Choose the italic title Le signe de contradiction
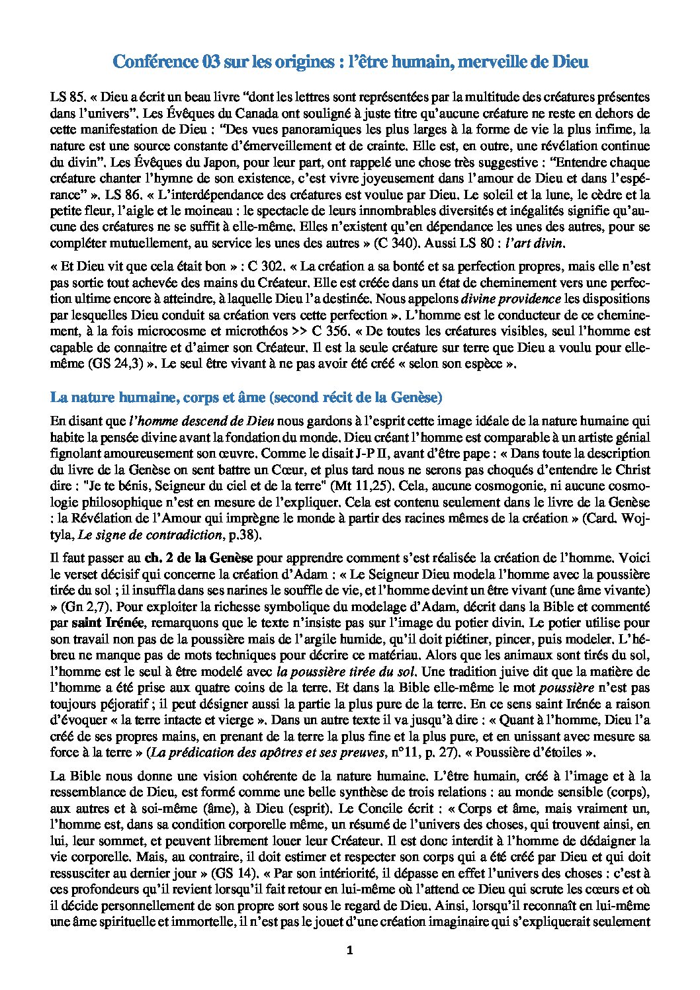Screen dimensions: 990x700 (x=150, y=534)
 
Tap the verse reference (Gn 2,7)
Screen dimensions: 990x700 (x=83, y=606)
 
